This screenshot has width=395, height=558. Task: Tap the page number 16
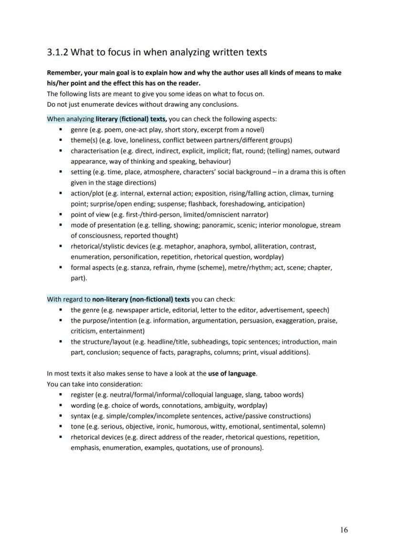coord(344,530)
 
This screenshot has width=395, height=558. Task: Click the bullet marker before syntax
coord(61,416)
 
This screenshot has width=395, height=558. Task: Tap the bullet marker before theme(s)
coord(61,140)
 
